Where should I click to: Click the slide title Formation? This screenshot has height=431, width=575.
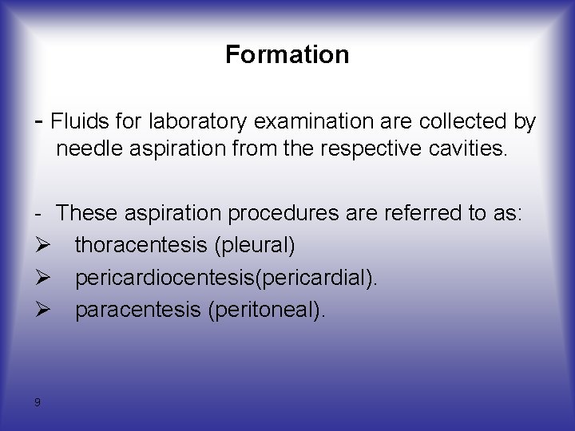click(x=287, y=54)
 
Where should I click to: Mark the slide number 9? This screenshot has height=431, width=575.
click(x=38, y=402)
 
